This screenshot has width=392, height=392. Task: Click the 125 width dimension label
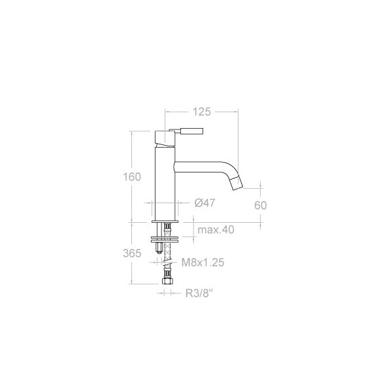tap(201, 112)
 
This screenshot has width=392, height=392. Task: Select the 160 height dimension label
tap(132, 177)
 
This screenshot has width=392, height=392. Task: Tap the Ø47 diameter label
tap(204, 203)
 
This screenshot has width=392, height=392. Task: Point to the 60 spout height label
tap(261, 205)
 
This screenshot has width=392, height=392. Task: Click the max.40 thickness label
tap(216, 229)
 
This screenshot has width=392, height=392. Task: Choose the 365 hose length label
tap(132, 253)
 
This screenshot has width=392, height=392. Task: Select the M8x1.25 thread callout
tap(203, 263)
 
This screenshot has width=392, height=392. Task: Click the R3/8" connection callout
tap(199, 293)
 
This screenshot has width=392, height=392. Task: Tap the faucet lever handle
tap(191, 131)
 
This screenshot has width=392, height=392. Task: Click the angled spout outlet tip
tap(236, 183)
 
